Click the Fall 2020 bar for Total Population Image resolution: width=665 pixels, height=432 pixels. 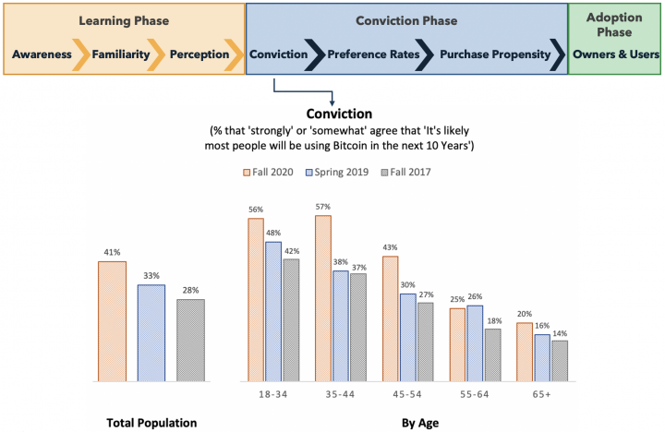tap(112, 320)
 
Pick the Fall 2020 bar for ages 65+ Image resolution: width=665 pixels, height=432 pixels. tap(524, 352)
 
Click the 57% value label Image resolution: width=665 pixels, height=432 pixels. tap(323, 207)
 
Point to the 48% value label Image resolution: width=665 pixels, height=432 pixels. tap(272, 234)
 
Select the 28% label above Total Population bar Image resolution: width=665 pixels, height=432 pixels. tap(190, 291)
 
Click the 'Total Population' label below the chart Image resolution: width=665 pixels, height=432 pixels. tap(151, 423)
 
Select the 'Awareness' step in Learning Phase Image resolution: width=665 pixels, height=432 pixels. tap(42, 54)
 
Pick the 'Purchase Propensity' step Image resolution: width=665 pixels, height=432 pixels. tap(494, 54)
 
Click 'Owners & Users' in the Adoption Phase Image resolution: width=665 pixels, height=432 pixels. tap(616, 54)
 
